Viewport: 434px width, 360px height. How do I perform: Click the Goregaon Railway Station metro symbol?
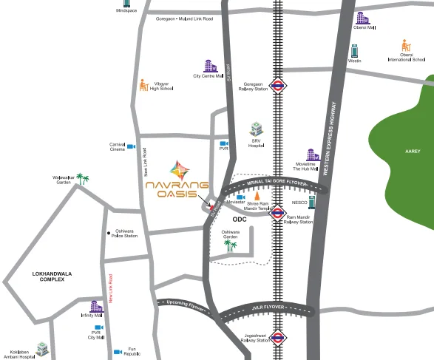click(279, 84)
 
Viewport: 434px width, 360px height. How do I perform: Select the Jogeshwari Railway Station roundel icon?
click(278, 339)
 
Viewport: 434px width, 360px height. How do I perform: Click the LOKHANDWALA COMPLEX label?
click(53, 277)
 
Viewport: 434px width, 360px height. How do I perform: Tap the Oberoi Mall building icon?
click(362, 18)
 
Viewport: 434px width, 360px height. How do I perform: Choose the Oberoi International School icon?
click(406, 46)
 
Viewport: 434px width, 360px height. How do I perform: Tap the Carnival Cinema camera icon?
click(132, 146)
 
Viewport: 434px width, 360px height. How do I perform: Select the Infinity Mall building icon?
click(95, 306)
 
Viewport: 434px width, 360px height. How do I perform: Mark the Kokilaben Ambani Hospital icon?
click(43, 348)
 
